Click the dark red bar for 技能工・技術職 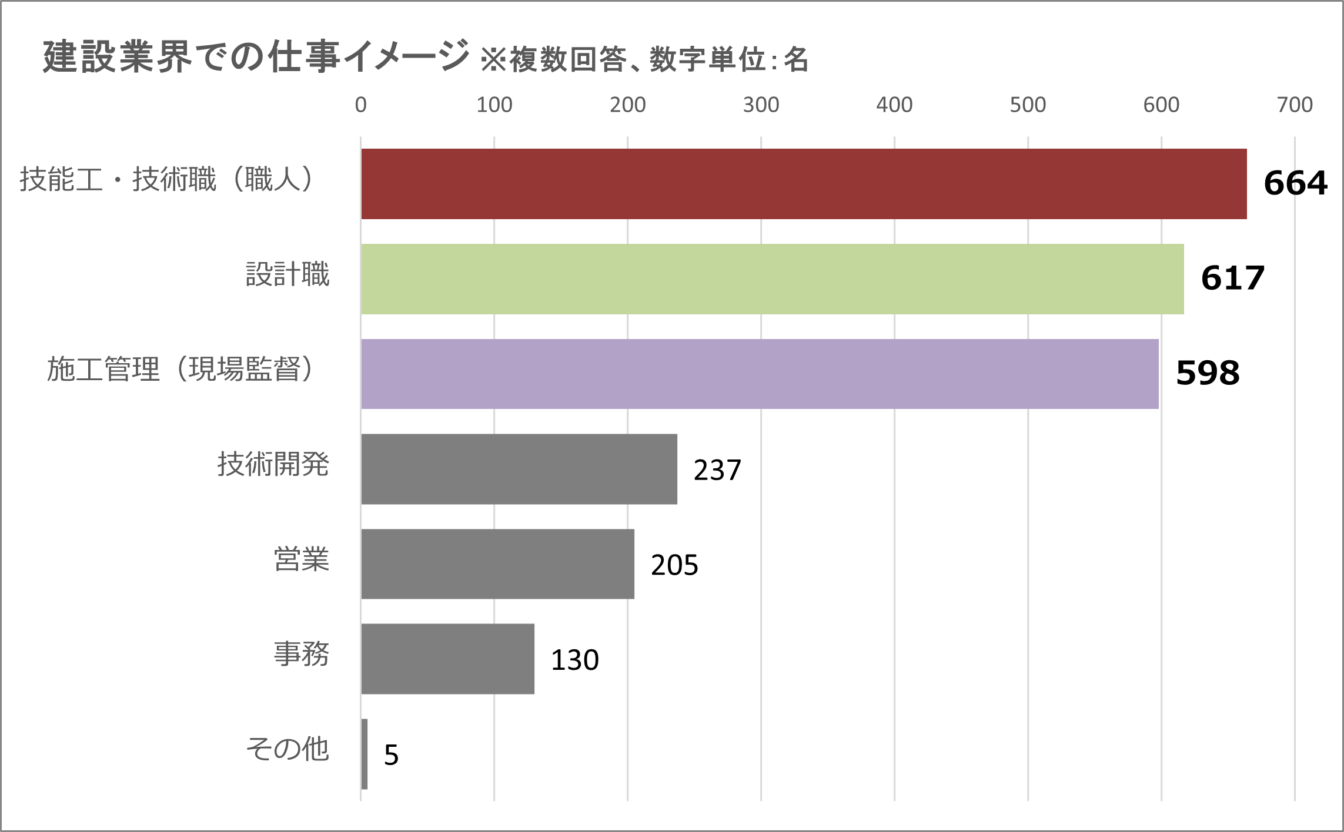[x=804, y=184]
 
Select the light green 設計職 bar [x=772, y=279]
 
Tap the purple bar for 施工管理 [x=760, y=374]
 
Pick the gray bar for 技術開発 [x=519, y=469]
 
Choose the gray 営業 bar [x=497, y=564]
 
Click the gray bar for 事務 [x=447, y=659]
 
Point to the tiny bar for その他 [x=365, y=754]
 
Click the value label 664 [x=1295, y=183]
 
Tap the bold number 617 [x=1232, y=278]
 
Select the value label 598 [x=1208, y=373]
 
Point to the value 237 [x=717, y=470]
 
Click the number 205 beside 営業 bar [x=674, y=565]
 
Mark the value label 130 [x=574, y=660]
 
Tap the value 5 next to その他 [x=391, y=755]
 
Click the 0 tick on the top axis [x=360, y=105]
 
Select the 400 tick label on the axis [x=894, y=105]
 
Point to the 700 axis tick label [x=1294, y=105]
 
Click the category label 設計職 [x=287, y=274]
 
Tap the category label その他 [x=287, y=749]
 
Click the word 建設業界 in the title [x=118, y=58]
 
